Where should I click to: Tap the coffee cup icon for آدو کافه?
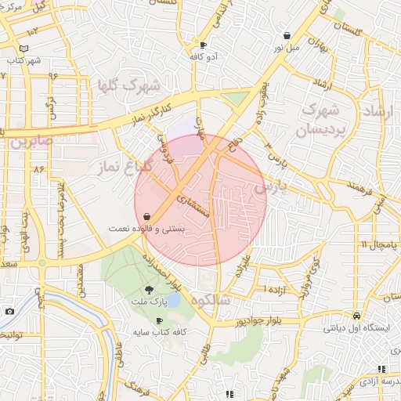click(x=204, y=45)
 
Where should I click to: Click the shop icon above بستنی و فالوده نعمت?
click(x=147, y=217)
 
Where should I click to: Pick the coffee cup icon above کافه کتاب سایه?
click(x=160, y=320)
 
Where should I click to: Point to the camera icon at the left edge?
click(x=9, y=311)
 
